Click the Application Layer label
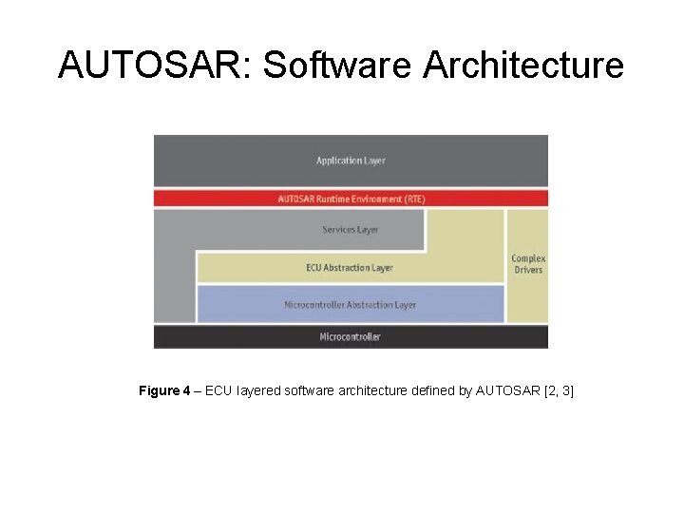[x=351, y=161]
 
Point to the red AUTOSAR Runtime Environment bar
[x=351, y=199]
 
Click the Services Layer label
[x=351, y=230]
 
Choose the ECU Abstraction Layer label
[x=350, y=268]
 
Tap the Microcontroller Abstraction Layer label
[x=350, y=305]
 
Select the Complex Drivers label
[x=528, y=264]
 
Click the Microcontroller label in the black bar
[x=351, y=337]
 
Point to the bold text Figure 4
[x=164, y=391]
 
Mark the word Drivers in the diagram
[x=528, y=271]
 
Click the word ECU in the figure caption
[x=218, y=391]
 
